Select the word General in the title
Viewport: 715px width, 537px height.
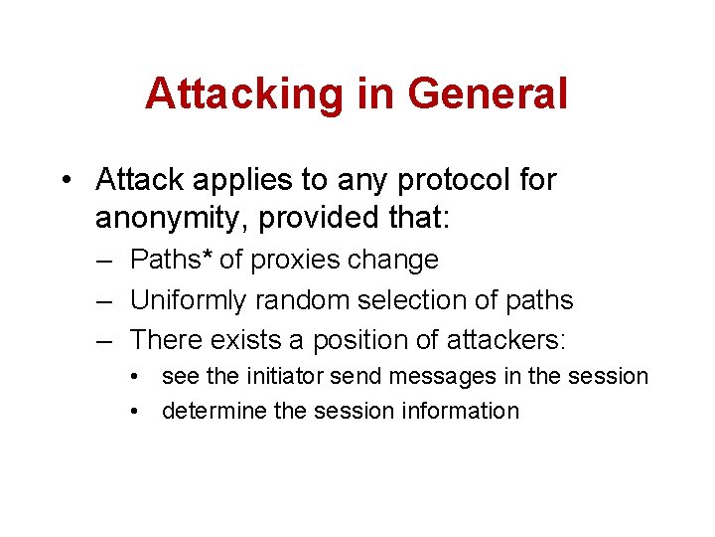[487, 94]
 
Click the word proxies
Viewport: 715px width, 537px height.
[294, 260]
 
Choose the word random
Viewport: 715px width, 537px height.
[297, 299]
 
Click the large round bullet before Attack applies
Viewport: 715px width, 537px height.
[67, 181]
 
